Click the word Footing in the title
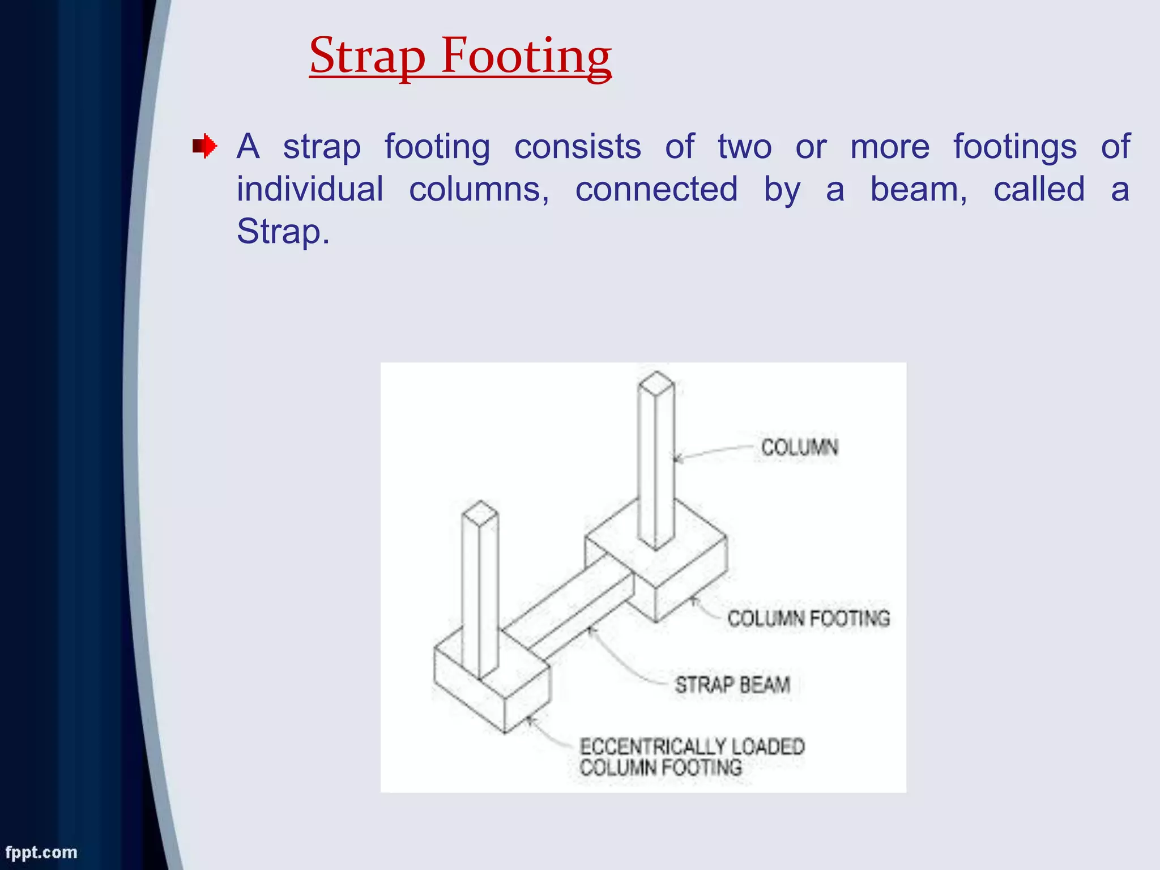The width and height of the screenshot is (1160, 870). point(526,57)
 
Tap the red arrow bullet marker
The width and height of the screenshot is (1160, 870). point(204,147)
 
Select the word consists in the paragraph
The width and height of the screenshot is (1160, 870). point(577,147)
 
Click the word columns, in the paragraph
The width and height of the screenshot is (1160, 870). point(479,189)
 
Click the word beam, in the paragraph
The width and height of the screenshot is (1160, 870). point(918,189)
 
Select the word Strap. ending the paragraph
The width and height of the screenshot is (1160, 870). point(283,232)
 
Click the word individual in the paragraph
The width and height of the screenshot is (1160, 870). point(310,189)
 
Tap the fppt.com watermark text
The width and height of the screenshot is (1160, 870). point(41,852)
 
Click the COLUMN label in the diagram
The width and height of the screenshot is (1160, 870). point(799,447)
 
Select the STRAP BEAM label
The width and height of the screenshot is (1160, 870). point(732,685)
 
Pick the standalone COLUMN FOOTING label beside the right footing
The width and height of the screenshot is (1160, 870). point(808,618)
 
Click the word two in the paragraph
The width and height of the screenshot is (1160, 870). point(744,147)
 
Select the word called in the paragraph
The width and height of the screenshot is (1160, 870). point(1039,189)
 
